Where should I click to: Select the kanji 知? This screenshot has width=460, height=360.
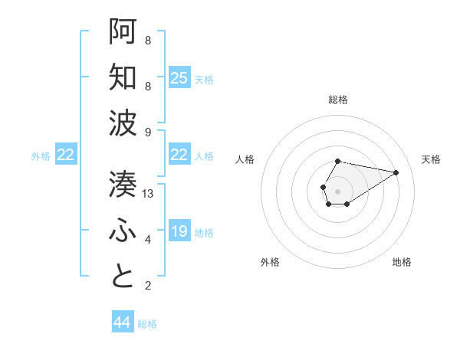tap(123, 77)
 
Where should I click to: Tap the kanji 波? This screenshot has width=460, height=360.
tap(123, 123)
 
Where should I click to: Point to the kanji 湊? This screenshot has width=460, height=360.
tap(123, 184)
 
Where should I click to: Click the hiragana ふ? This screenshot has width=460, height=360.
tap(123, 231)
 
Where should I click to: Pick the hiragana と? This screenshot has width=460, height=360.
tap(123, 277)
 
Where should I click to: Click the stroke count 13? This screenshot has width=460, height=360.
tap(148, 194)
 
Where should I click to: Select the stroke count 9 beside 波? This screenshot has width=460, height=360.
tap(148, 133)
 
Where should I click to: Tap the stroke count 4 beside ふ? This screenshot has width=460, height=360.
tap(148, 240)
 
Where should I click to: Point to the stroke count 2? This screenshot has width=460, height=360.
tap(148, 286)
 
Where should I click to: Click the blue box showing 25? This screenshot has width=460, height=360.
tap(179, 78)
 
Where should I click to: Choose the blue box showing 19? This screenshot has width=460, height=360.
tap(179, 231)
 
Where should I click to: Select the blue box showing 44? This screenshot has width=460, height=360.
tap(122, 322)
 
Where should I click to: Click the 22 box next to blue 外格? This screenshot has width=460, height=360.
tap(66, 155)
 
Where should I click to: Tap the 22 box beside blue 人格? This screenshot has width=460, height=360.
tap(179, 155)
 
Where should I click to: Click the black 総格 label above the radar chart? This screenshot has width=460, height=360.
tap(337, 100)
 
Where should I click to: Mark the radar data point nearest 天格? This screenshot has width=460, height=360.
tap(396, 172)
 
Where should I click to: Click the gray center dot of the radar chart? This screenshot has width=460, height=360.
tap(337, 190)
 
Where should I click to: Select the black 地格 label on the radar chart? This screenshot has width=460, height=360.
tap(402, 262)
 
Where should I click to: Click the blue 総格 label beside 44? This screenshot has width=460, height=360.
tap(147, 324)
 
